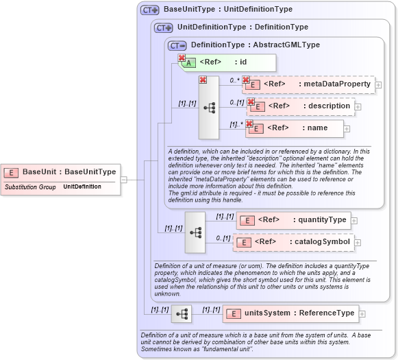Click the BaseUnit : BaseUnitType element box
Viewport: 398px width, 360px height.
coord(61,172)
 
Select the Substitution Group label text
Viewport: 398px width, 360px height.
coord(31,187)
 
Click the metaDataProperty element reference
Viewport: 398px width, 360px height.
coord(308,84)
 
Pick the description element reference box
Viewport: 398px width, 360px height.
coord(301,106)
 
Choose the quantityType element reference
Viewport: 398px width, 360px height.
coord(293,220)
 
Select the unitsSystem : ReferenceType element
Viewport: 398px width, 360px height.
coord(290,313)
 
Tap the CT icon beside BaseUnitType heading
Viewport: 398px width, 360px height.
coord(149,10)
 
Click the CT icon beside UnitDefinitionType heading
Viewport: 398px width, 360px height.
coord(163,27)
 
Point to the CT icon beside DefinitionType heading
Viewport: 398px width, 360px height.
coord(177,45)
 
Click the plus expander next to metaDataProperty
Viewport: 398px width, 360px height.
coord(378,84)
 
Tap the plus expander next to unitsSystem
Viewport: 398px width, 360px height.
coord(362,313)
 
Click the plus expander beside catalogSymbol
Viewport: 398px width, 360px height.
coord(358,242)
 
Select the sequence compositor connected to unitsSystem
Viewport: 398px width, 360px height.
coord(182,314)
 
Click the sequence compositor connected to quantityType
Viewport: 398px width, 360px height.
coord(195,232)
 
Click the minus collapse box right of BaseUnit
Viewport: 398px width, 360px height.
coord(123,180)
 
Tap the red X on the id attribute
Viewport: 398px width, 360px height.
coord(182,58)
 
